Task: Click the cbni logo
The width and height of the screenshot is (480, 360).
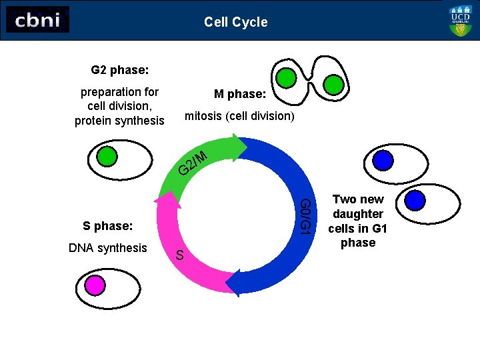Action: pyautogui.click(x=37, y=20)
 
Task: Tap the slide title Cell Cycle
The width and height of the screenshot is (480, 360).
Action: pyautogui.click(x=235, y=22)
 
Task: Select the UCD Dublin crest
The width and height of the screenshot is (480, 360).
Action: pyautogui.click(x=461, y=21)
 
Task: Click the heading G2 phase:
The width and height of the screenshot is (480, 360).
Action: pyautogui.click(x=119, y=69)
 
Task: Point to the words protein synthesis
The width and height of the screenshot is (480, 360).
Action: pyautogui.click(x=119, y=121)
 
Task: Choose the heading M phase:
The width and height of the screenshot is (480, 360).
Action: pyautogui.click(x=240, y=95)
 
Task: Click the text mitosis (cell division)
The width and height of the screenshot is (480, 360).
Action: pyautogui.click(x=239, y=116)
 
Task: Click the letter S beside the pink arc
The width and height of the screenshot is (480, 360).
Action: pyautogui.click(x=179, y=255)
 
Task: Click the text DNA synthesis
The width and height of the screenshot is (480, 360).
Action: pyautogui.click(x=108, y=248)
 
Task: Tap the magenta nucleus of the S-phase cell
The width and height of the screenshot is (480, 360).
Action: pyautogui.click(x=95, y=285)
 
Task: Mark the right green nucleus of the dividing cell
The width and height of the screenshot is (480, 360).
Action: pyautogui.click(x=333, y=85)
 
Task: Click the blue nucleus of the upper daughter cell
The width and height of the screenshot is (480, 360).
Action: pyautogui.click(x=383, y=161)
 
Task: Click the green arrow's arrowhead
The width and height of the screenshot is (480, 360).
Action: pyautogui.click(x=239, y=149)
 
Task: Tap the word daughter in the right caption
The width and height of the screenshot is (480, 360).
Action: pyautogui.click(x=358, y=214)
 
